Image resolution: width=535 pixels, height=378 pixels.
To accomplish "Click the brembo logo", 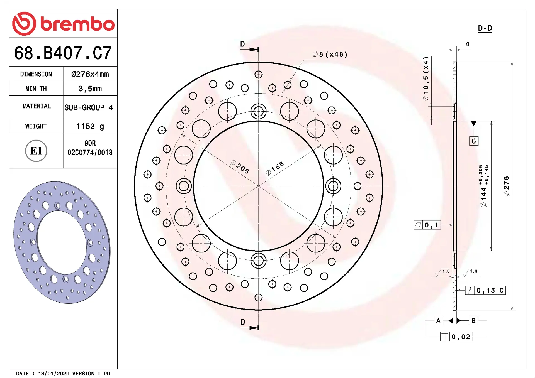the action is (63, 24).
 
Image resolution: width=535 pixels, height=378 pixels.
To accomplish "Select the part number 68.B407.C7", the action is (63, 53).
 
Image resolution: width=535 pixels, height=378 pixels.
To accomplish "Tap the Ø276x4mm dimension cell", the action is (90, 74).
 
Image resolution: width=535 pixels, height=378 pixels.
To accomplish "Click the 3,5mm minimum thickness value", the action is (90, 89).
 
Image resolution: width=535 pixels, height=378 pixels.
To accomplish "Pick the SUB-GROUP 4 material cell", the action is (89, 107).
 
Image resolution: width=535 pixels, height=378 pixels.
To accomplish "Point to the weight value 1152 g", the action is (90, 126).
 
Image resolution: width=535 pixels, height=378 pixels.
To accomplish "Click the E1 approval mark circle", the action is (36, 151).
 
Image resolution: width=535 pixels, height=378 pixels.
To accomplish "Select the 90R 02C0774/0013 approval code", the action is (90, 148).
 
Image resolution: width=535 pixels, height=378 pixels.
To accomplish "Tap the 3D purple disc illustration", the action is (62, 242).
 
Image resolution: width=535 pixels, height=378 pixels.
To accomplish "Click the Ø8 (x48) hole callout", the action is (330, 54).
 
